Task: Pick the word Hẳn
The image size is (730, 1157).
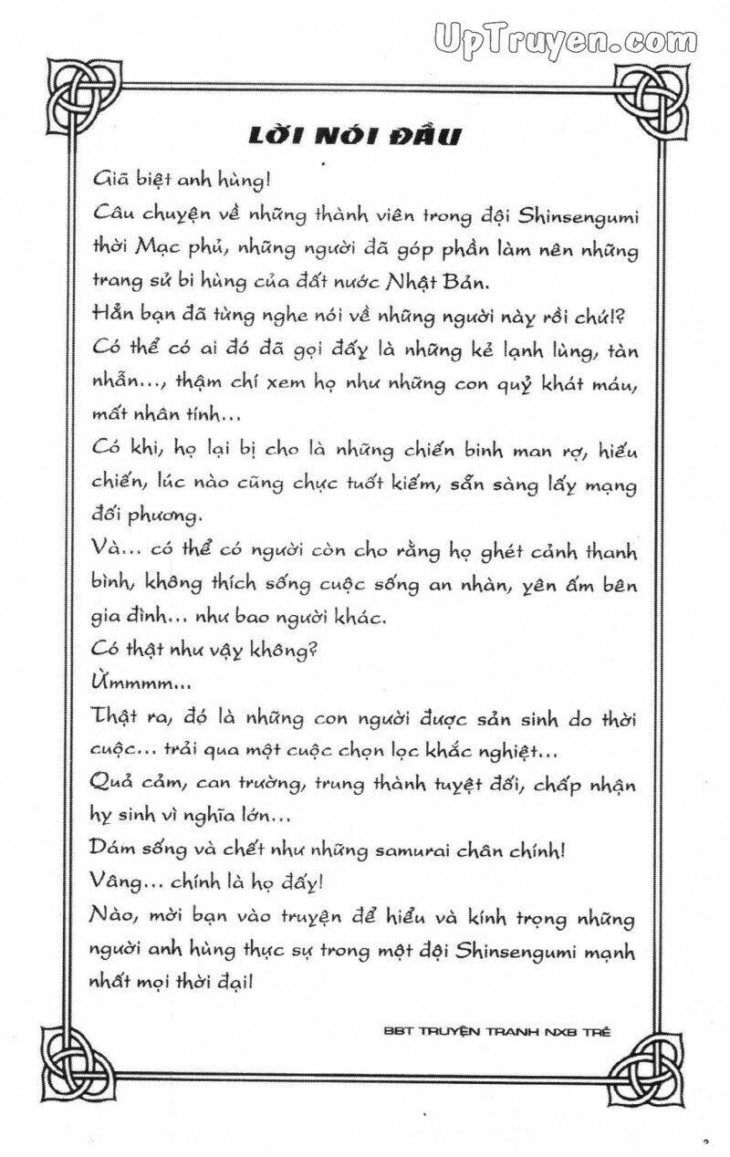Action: pyautogui.click(x=112, y=315)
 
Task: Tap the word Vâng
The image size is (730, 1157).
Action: pyautogui.click(x=118, y=881)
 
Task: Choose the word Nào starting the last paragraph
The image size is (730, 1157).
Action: pyautogui.click(x=112, y=915)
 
